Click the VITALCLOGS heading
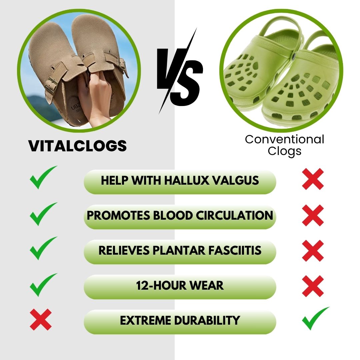pos(77,146)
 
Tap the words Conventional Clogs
pos(284,145)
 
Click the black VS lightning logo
pos(180,72)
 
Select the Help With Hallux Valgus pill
pos(180,181)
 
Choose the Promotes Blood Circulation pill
pos(180,216)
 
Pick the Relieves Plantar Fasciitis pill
pos(180,251)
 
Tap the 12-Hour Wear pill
pos(180,286)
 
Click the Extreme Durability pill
pos(180,321)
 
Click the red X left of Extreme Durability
pos(41,319)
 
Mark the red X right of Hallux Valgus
pos(313,179)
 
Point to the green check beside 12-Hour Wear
pos(42,284)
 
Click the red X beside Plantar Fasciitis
pos(313,250)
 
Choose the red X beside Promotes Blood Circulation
pos(313,215)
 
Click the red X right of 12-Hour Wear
pos(313,286)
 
